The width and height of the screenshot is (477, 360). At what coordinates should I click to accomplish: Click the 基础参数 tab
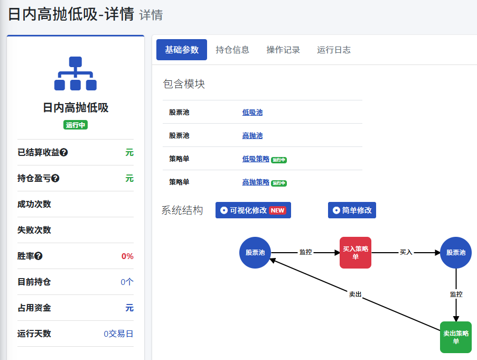pos(182,50)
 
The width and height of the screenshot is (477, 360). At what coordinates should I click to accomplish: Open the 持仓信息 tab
pos(232,50)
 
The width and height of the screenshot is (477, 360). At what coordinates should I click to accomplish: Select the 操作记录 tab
pos(283,50)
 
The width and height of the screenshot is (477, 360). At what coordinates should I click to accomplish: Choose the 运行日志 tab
pos(334,50)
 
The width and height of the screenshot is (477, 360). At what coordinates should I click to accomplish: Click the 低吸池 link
pos(252,112)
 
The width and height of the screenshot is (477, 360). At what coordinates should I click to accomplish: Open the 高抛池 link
pos(252,135)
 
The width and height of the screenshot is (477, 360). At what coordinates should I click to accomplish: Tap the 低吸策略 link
pos(256,159)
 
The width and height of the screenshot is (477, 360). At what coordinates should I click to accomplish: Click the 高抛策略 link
pos(256,182)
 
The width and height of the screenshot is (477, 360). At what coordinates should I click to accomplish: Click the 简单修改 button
pos(352,210)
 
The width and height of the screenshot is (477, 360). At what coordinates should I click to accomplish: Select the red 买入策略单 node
pos(356,253)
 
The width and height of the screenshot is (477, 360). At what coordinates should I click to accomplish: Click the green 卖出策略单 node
pos(456,337)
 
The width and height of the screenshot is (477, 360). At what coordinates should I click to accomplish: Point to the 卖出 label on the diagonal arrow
pos(355,294)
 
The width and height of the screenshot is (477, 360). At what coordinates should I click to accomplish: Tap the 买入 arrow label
pos(406,252)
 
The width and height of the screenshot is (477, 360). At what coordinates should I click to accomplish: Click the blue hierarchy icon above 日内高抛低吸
pos(76,73)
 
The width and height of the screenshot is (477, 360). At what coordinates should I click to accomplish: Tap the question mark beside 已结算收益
pos(63,152)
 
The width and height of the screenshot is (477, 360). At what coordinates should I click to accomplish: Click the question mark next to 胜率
pos(39,256)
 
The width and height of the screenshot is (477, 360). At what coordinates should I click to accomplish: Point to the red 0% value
pos(127,256)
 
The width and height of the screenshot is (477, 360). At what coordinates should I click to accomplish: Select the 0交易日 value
pos(119,334)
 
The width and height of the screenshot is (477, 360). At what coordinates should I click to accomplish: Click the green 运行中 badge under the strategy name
pos(76,125)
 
